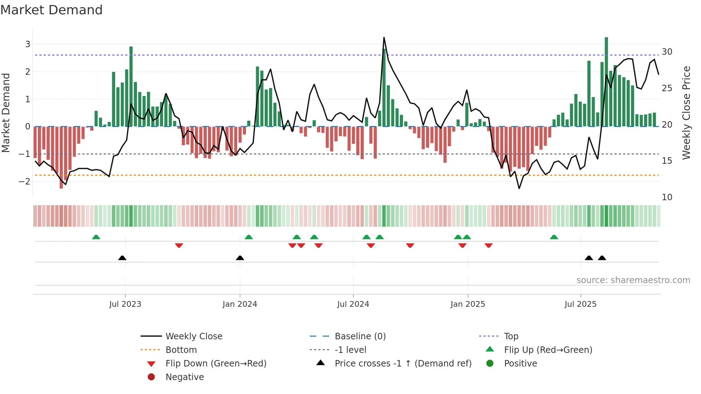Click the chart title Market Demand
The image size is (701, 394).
(x=52, y=10)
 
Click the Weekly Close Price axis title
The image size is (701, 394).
(x=686, y=113)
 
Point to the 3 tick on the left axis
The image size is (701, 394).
(x=28, y=44)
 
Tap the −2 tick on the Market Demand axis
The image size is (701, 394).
(x=25, y=181)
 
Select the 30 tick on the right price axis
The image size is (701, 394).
(x=667, y=52)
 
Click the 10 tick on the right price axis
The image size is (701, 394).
(x=667, y=197)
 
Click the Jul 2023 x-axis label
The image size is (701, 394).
(x=125, y=304)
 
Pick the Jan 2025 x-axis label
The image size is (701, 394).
(x=467, y=304)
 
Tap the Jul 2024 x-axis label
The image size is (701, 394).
(x=353, y=304)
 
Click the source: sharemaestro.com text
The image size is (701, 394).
(x=633, y=280)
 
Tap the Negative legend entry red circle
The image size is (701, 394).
(x=151, y=377)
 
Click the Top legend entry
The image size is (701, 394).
(x=511, y=336)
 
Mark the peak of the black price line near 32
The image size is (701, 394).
(x=384, y=38)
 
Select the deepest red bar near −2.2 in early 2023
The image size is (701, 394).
(x=61, y=157)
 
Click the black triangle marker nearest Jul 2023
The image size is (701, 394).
(x=122, y=258)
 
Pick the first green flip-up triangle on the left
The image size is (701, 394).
(x=96, y=237)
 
